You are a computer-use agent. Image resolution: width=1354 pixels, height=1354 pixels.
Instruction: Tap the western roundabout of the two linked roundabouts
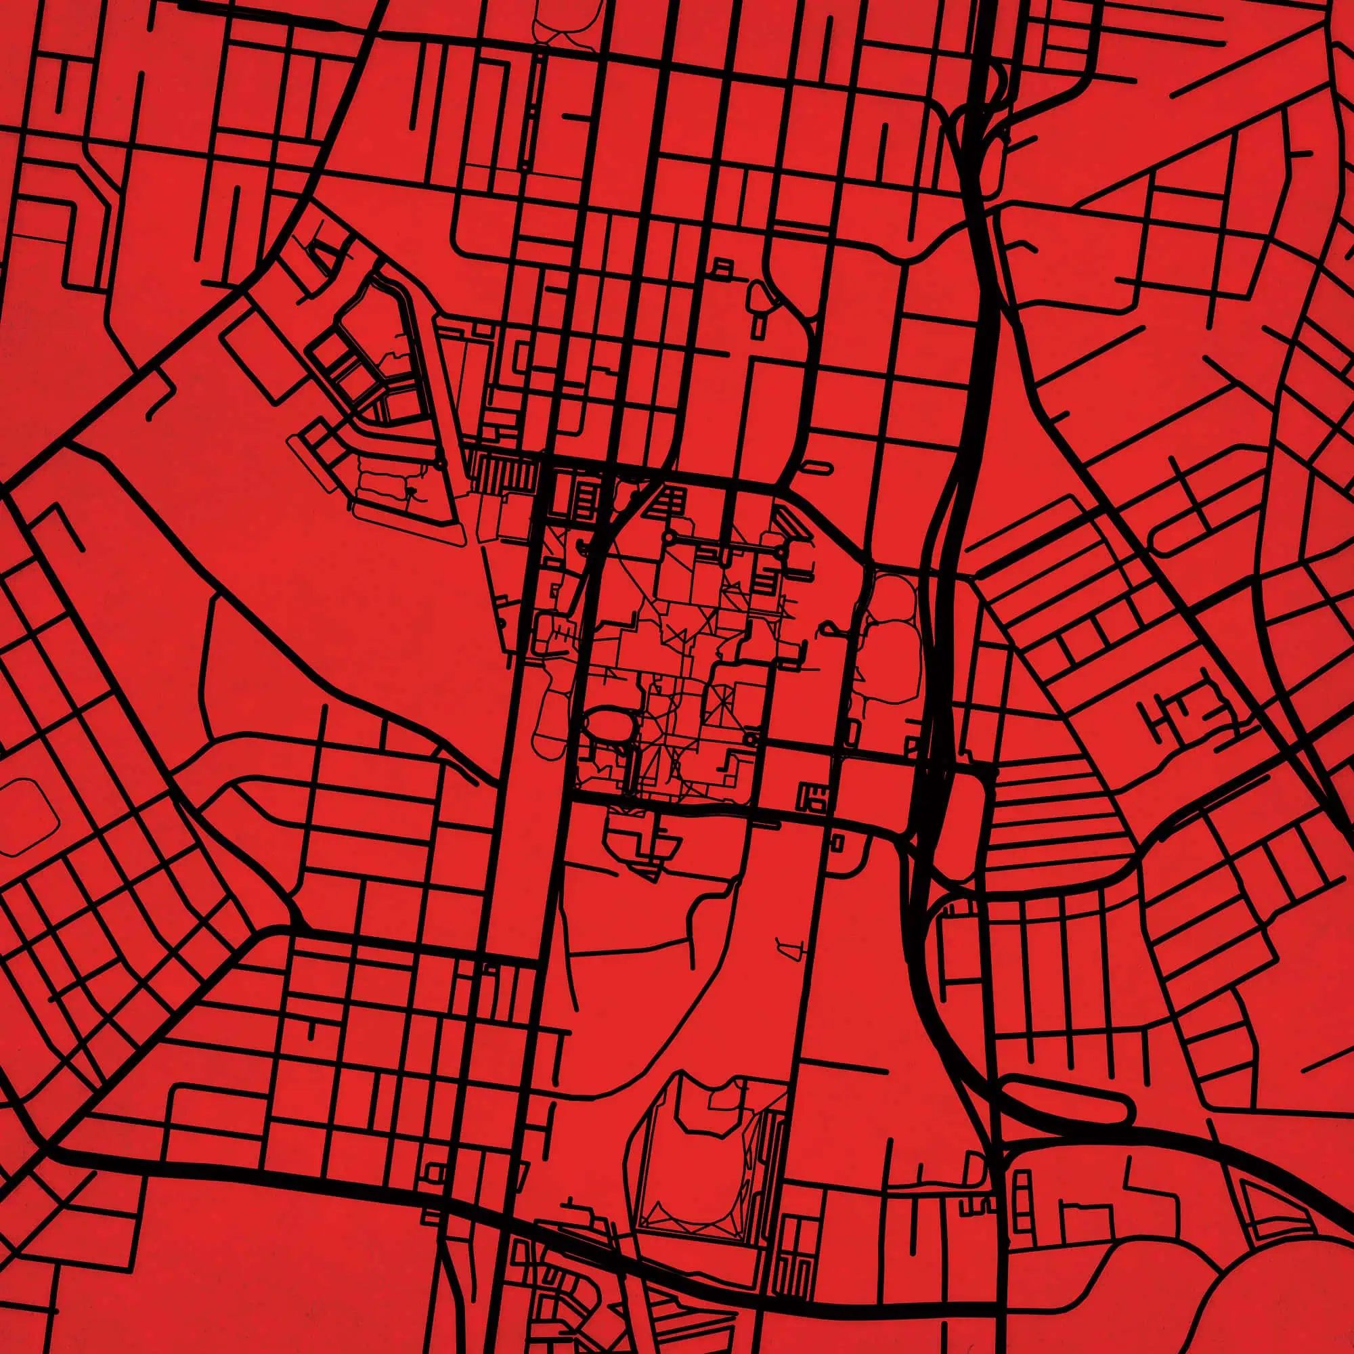[671, 537]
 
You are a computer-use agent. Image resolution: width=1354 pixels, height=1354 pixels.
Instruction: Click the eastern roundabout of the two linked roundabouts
[782, 553]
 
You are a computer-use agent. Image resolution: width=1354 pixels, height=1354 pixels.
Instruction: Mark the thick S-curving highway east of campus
[953, 491]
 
